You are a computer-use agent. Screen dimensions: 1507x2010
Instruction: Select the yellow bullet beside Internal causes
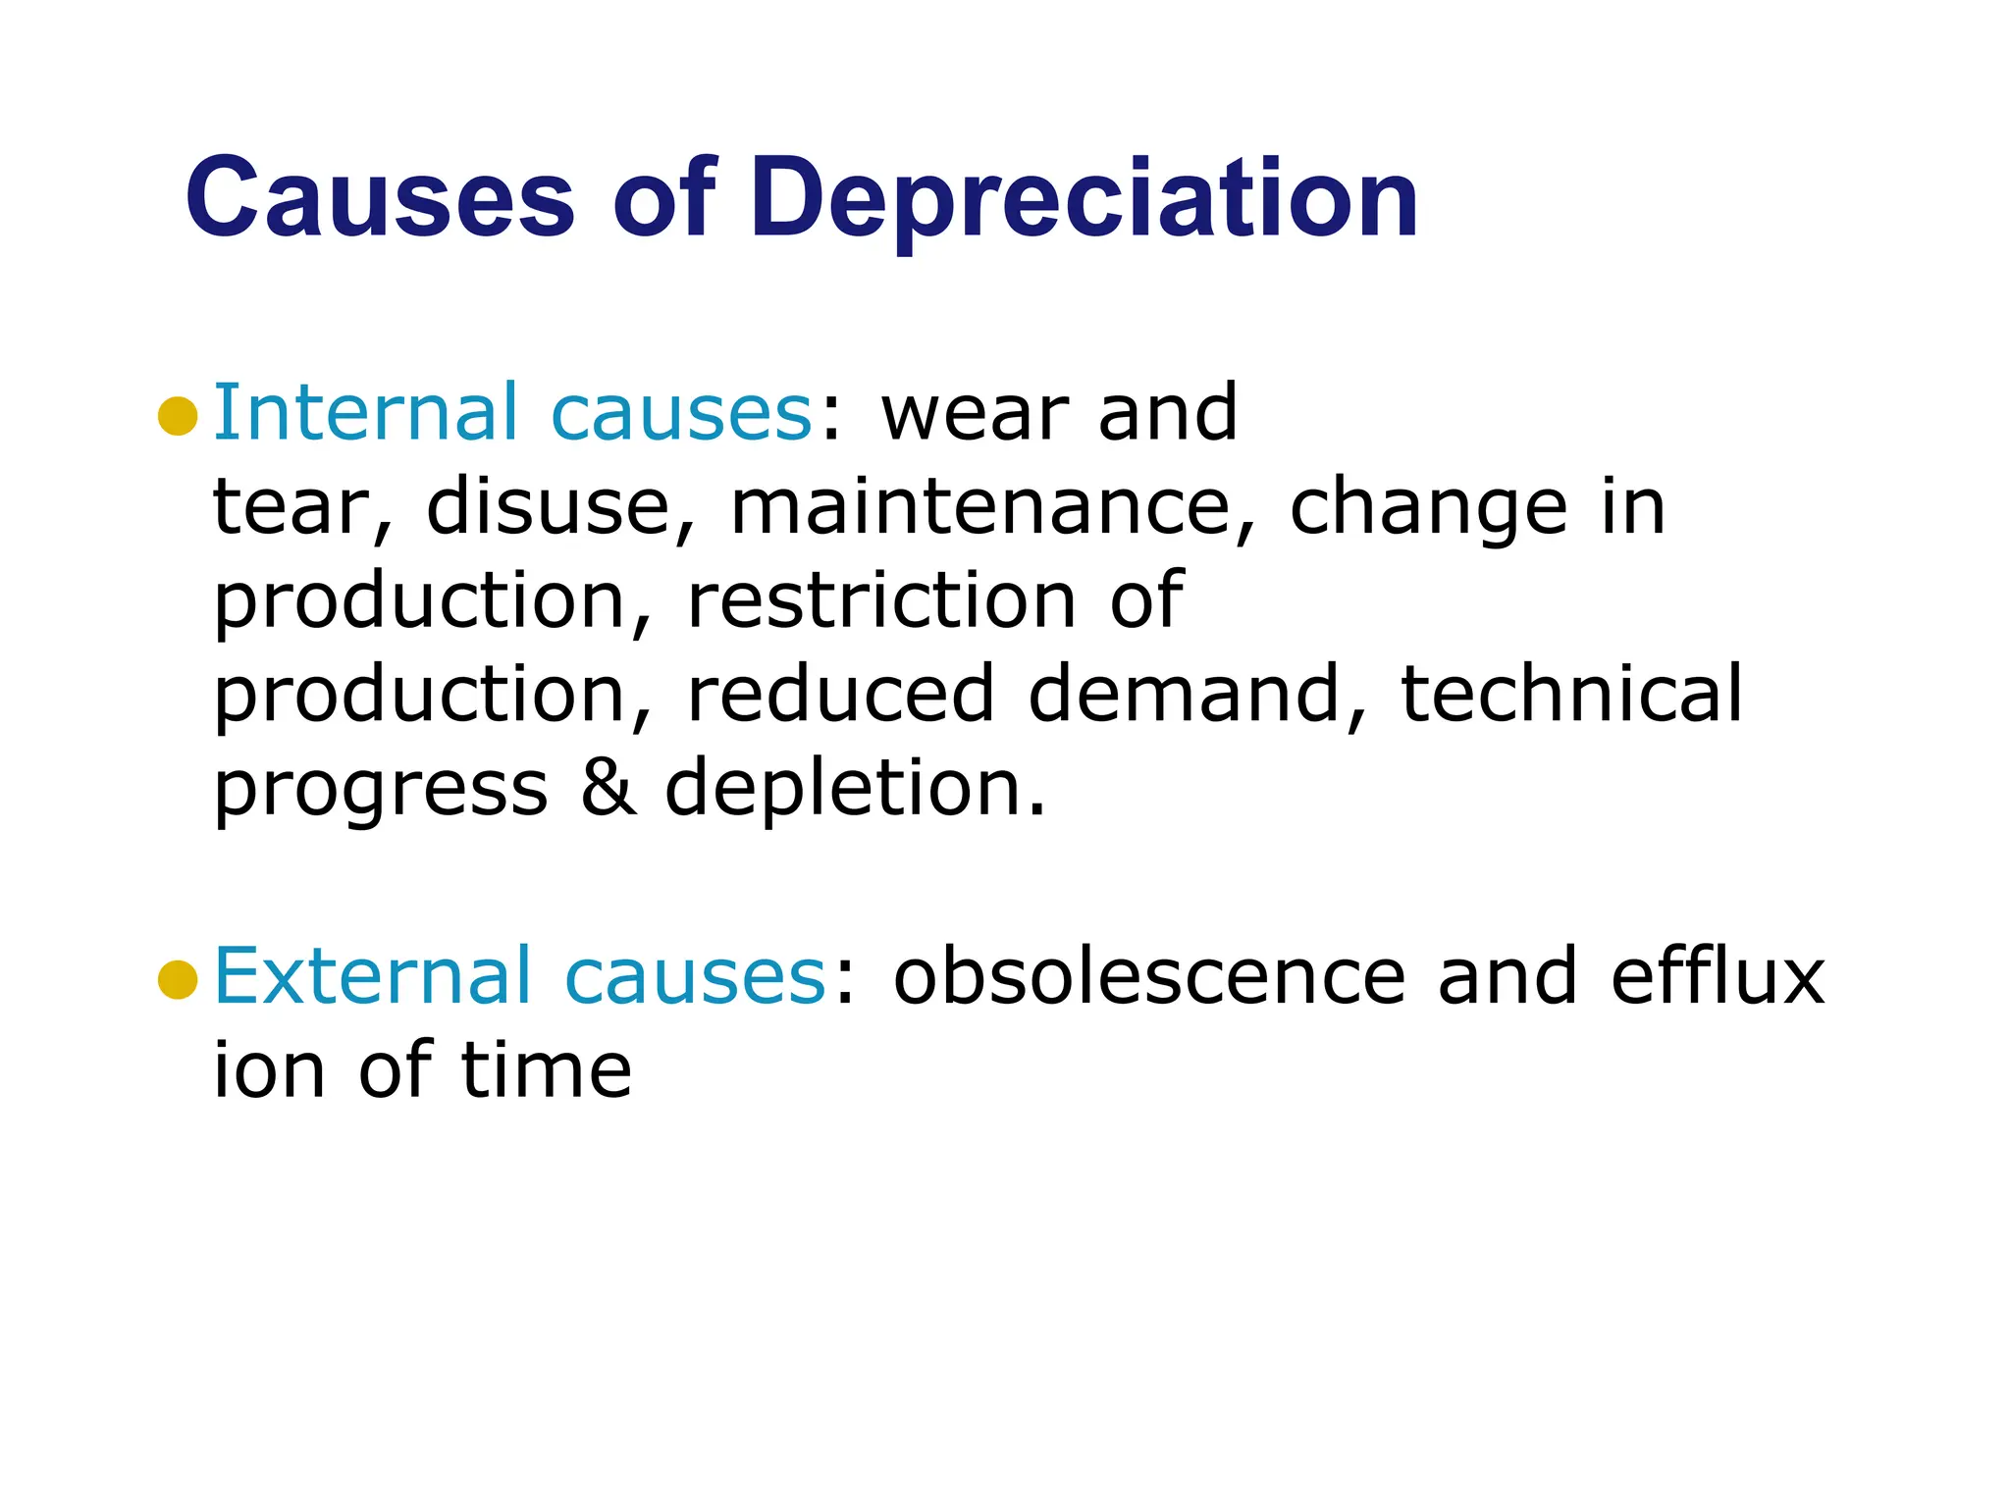178,416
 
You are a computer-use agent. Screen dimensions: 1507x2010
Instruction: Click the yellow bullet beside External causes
178,979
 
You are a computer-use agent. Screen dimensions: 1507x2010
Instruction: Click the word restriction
880,600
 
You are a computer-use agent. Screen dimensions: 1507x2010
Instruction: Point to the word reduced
840,695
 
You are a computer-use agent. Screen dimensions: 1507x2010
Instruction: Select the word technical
1571,695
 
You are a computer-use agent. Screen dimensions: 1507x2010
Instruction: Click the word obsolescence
1148,977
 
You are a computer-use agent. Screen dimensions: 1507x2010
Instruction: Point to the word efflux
1718,977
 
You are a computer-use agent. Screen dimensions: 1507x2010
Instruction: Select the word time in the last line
546,1070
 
